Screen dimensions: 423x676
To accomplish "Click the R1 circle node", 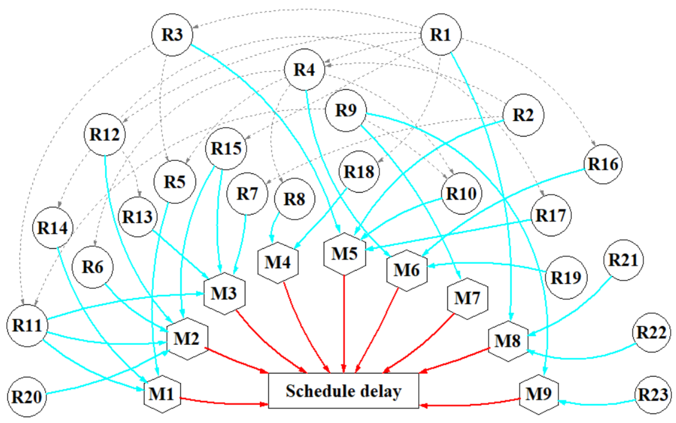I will (x=441, y=34).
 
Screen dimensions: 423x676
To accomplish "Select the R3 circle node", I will (x=172, y=35).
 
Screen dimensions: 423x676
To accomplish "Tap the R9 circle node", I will (x=346, y=110).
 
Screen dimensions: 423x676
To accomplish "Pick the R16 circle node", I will (x=603, y=164).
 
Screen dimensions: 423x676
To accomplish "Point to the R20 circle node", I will (x=27, y=397).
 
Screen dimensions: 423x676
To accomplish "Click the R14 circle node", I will (x=53, y=228).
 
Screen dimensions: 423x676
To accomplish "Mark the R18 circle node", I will (x=359, y=172).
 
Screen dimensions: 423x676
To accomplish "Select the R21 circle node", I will (x=623, y=260).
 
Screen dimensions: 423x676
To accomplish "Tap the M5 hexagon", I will (x=344, y=254).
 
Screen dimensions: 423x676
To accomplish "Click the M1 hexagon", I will (x=162, y=394).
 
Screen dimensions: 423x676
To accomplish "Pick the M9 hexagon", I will (x=539, y=394).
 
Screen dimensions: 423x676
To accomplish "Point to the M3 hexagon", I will (x=224, y=294).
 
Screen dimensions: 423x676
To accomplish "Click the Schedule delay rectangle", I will (x=343, y=391).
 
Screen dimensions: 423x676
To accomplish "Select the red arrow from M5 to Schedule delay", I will (x=344, y=325).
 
